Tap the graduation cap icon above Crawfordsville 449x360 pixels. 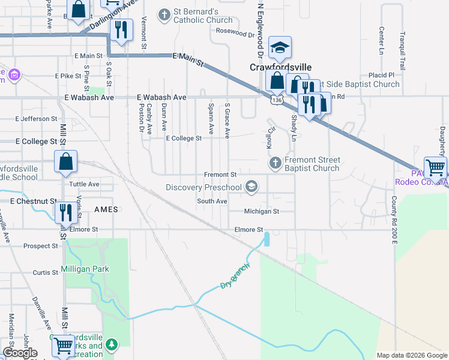click(x=280, y=47)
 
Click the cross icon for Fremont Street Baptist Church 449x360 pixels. click(x=275, y=163)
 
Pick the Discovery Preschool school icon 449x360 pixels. click(x=252, y=188)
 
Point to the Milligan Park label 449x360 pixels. click(x=85, y=269)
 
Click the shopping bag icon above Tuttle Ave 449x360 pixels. click(x=65, y=161)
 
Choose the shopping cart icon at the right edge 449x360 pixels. click(x=435, y=166)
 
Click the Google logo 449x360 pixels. click(x=20, y=353)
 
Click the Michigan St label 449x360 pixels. click(x=262, y=211)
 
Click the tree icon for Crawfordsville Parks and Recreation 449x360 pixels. click(x=110, y=344)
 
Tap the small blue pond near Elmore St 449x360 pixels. click(x=267, y=239)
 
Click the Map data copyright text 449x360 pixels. click(x=411, y=355)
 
